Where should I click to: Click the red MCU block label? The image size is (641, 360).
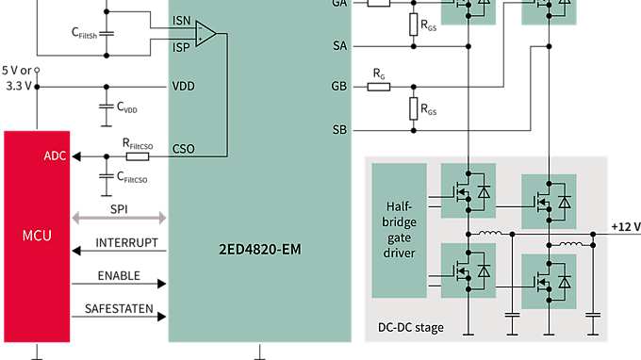point(37,233)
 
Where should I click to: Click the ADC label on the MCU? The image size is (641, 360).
point(55,156)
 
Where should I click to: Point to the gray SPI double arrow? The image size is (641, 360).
point(119,219)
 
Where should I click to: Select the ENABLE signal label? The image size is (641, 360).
point(119,275)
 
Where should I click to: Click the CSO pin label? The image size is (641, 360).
point(184,148)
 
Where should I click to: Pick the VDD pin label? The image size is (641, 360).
point(184,86)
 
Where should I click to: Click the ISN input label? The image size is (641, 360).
point(181,19)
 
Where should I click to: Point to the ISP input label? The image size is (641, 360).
point(181,44)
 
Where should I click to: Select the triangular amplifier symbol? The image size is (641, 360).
point(205,34)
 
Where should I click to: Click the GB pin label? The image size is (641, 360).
point(339,86)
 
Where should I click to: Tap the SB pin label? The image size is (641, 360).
point(339,129)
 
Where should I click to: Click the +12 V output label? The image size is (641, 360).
point(625,227)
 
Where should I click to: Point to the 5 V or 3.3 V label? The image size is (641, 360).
point(16,76)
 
